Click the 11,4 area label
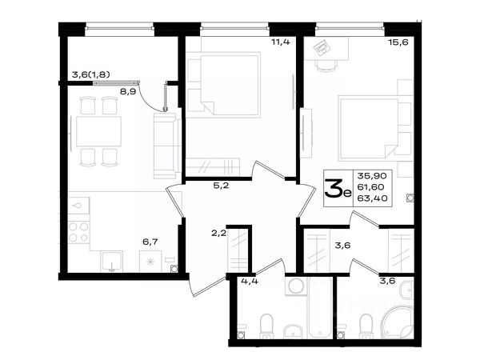coord(281,42)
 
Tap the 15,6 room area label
coord(398,42)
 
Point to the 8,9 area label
coord(128,91)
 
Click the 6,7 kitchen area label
coord(150,242)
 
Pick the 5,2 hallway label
coord(221,186)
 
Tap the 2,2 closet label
coord(218,234)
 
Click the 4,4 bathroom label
coord(250,281)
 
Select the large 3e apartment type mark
coord(338,188)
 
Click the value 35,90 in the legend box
coord(372,176)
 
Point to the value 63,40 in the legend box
coord(372,198)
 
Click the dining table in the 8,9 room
coord(98,131)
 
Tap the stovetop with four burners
coord(78,232)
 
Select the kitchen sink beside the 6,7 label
coord(112,262)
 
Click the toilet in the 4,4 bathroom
coord(266,326)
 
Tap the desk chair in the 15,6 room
coord(326,65)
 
